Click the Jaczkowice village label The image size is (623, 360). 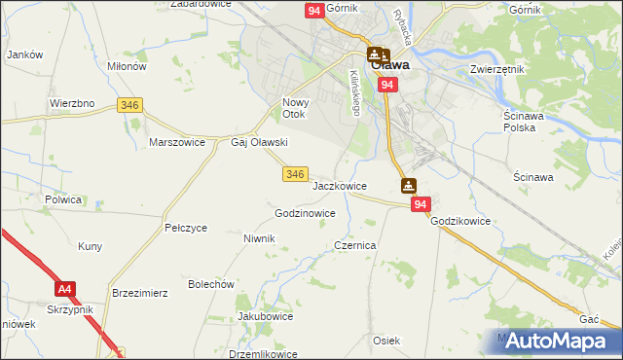tap(340, 185)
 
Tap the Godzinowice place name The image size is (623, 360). tap(306, 213)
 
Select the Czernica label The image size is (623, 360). tap(355, 246)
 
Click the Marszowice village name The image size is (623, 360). tap(176, 141)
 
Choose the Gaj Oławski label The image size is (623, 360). tap(258, 142)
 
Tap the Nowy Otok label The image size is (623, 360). tap(294, 109)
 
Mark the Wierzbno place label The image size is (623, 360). tap(71, 102)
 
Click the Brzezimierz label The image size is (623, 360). tap(141, 292)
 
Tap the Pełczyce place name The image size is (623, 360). tap(186, 228)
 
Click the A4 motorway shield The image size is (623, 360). tap(65, 289)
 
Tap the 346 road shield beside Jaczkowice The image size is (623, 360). tap(297, 174)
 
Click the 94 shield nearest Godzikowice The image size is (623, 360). tap(421, 204)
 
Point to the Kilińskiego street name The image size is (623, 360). tap(355, 93)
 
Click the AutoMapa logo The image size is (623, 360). tap(556, 341)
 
